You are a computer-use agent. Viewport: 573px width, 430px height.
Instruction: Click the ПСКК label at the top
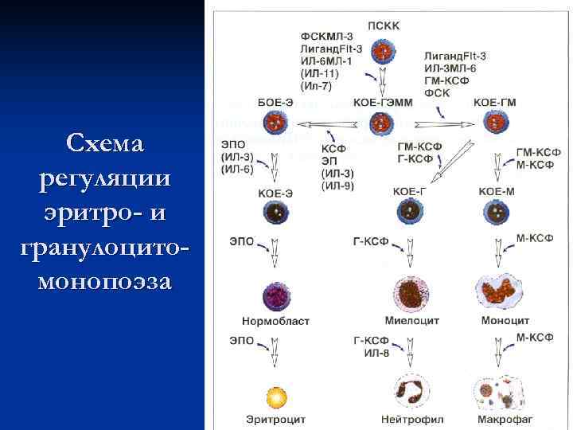(384, 25)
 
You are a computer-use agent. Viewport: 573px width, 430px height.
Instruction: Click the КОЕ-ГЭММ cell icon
(383, 123)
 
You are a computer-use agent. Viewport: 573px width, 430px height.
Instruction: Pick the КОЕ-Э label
(275, 192)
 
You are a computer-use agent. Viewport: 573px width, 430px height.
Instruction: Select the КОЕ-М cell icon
(497, 212)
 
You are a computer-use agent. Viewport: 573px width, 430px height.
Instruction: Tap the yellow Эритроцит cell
(275, 395)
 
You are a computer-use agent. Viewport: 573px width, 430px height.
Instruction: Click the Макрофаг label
(505, 419)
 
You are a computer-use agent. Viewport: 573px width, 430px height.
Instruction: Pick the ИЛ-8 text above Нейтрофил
(376, 352)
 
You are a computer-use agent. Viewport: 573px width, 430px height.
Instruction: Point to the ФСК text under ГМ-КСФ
(437, 93)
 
